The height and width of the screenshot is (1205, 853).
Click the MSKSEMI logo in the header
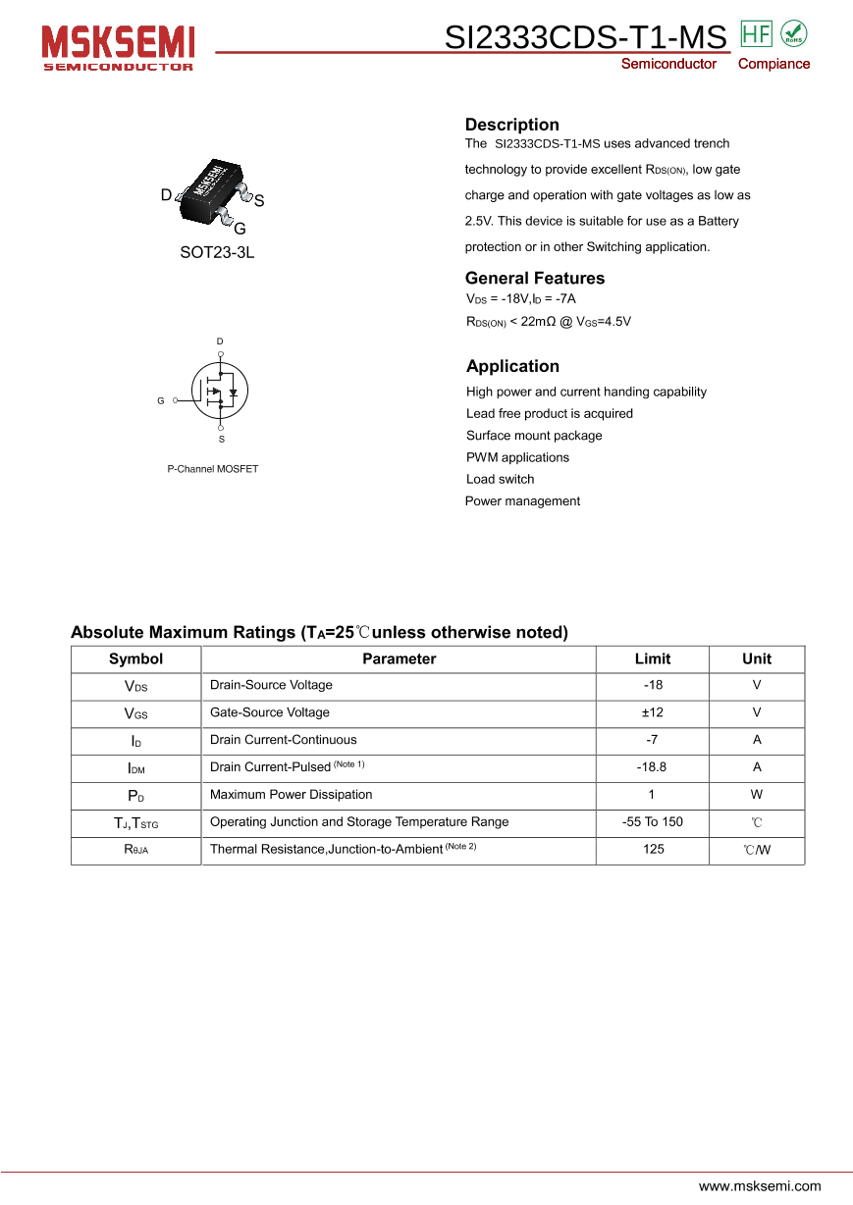tap(118, 46)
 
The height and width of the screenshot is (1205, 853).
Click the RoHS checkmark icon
tap(793, 33)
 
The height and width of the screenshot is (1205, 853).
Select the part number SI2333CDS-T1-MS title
tap(585, 37)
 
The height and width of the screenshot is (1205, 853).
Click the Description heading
tap(511, 125)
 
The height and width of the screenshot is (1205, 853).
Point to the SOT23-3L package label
tap(217, 252)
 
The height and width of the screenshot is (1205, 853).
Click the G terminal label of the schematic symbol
tap(161, 401)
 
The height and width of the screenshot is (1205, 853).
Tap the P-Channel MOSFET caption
tap(212, 469)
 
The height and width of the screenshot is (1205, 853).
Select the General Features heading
tap(534, 278)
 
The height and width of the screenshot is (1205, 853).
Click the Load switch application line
tap(500, 479)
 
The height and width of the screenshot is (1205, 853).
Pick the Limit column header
tap(652, 658)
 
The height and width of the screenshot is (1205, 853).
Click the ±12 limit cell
tap(652, 712)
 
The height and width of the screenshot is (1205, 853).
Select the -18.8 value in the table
tap(652, 767)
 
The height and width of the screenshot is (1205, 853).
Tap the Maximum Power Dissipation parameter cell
tap(291, 795)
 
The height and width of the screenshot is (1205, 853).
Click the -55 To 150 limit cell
tap(652, 822)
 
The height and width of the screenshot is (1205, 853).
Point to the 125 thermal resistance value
tap(653, 850)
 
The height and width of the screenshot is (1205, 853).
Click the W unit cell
tap(756, 795)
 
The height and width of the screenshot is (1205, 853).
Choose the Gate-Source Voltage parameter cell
tap(269, 712)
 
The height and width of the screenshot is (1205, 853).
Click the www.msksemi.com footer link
tap(759, 1185)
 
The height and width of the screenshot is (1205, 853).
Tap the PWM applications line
tap(517, 457)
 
